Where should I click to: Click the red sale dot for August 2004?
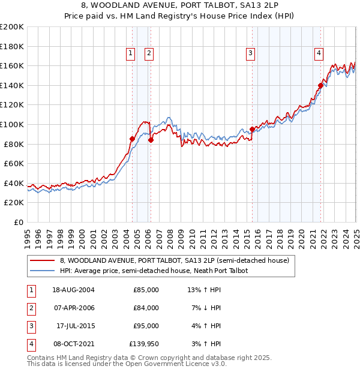tap(133, 139)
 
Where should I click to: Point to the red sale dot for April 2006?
tap(151, 140)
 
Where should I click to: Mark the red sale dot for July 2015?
tap(253, 129)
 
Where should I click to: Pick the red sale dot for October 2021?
tap(321, 85)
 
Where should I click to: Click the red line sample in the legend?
tap(41, 261)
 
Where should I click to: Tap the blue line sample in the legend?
tap(41, 271)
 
